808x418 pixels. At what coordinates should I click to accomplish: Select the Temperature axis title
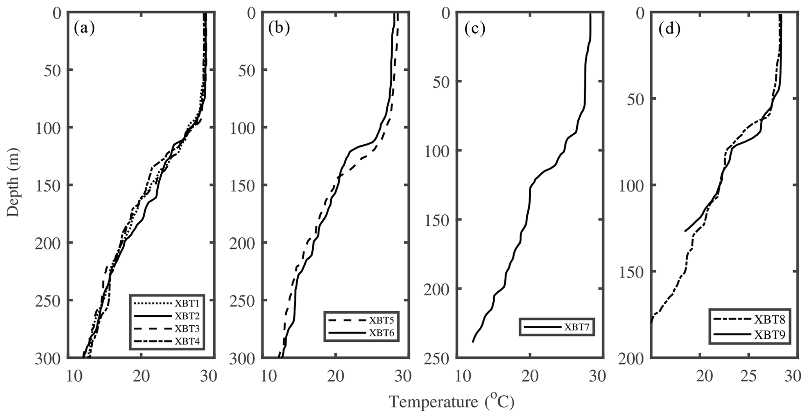tap(451, 402)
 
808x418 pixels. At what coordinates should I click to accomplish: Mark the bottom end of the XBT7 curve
tap(473, 342)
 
